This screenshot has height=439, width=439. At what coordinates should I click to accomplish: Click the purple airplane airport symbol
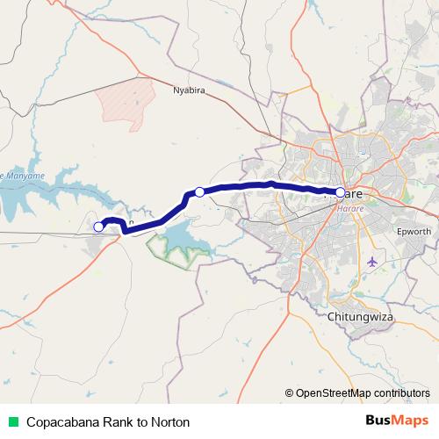(374, 262)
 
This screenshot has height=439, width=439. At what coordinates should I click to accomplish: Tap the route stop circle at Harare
(341, 191)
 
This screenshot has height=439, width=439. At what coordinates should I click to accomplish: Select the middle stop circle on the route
(199, 191)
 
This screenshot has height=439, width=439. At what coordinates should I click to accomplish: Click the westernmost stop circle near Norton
(98, 227)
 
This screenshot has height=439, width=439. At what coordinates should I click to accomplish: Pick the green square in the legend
(12, 421)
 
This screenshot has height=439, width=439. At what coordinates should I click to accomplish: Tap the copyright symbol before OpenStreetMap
(289, 392)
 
